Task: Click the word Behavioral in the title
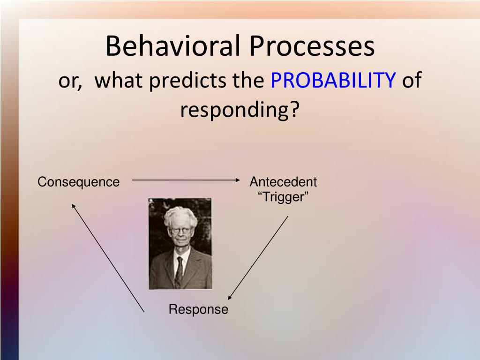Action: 172,45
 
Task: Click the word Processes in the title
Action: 312,45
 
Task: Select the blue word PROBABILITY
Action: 333,80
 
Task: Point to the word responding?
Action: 240,110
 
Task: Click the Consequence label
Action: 78,182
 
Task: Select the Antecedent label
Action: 283,182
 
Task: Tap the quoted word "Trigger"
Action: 283,196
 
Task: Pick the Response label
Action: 198,309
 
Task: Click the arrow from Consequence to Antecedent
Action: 186,180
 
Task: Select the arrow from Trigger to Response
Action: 258,258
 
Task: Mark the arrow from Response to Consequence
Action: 108,258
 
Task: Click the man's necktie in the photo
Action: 179,271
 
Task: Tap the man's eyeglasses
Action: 180,231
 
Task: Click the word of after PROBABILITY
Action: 412,80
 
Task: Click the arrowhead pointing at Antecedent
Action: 238,180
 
